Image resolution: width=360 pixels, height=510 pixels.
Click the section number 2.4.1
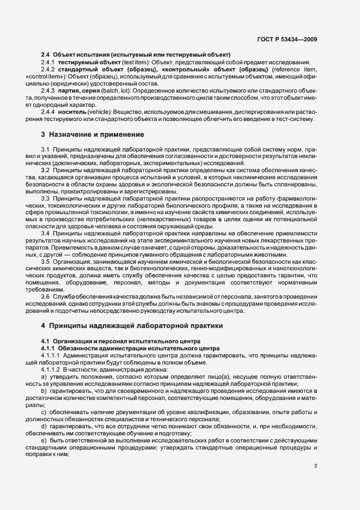point(48,63)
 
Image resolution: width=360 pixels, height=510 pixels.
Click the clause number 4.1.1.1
point(51,355)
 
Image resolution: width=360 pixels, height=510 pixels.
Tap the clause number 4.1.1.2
point(51,369)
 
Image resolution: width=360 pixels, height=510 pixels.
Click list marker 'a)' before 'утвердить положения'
point(44,376)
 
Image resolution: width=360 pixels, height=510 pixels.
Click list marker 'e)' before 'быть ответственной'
point(44,440)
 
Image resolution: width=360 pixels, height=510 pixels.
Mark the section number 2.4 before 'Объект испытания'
point(45,55)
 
